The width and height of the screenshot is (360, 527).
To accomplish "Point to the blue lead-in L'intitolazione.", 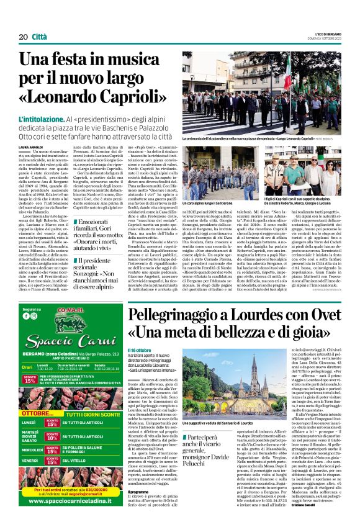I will (41, 118).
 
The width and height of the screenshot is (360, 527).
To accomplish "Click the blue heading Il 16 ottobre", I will (138, 351).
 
